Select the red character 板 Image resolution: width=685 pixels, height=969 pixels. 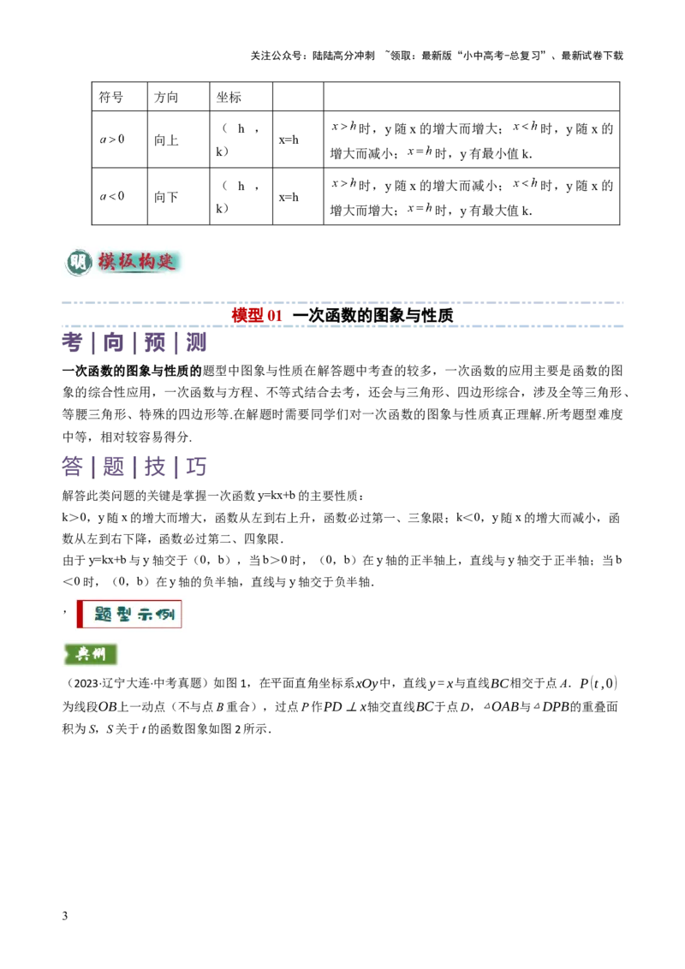click(128, 260)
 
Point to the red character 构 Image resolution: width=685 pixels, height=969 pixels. click(149, 260)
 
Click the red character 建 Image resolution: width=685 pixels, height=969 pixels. click(170, 260)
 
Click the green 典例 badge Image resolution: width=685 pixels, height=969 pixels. click(89, 654)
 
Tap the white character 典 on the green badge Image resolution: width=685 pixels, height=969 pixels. click(80, 654)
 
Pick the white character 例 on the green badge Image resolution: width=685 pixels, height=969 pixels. click(99, 654)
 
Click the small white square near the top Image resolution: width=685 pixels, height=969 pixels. click(339, 120)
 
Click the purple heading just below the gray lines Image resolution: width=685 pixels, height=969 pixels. click(135, 344)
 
